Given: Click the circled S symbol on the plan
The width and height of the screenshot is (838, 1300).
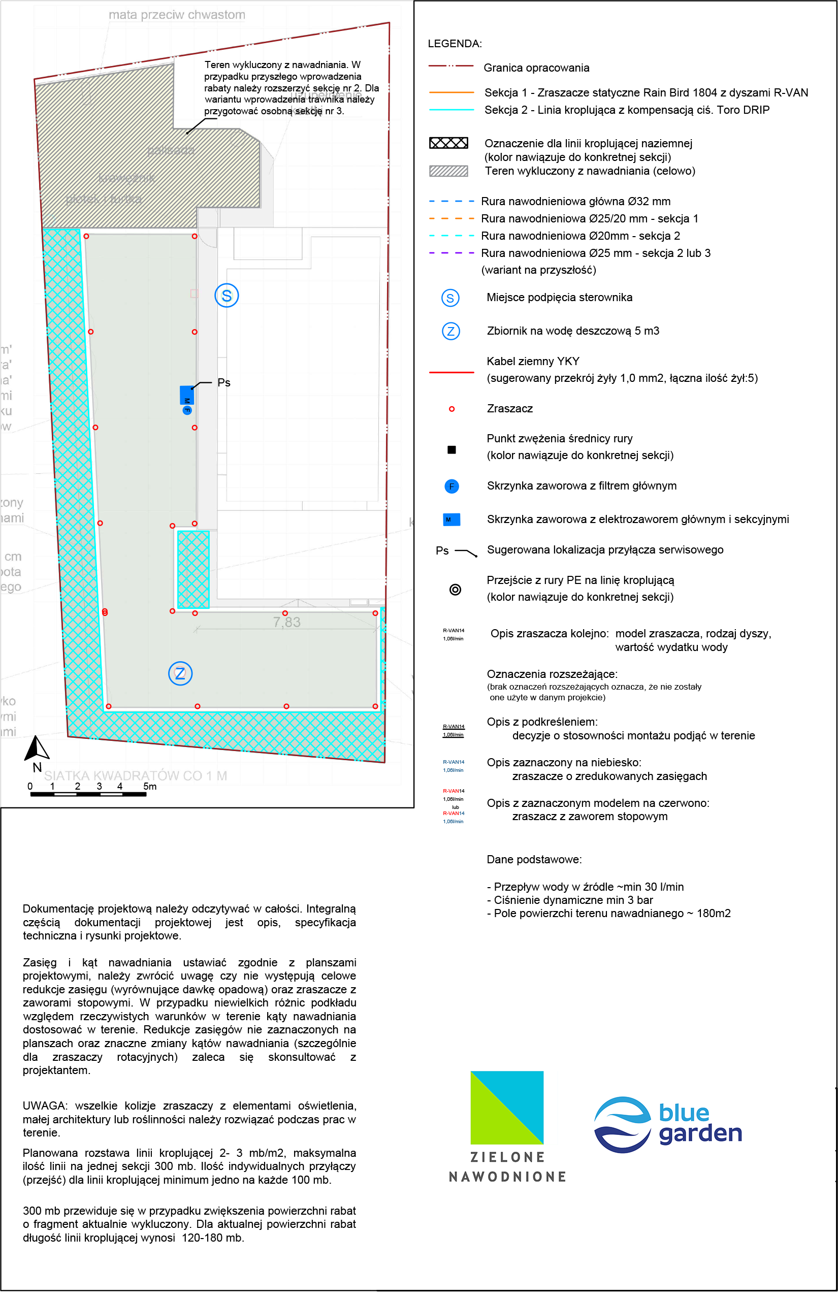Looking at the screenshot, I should [227, 296].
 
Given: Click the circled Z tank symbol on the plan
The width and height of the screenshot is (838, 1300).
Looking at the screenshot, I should [180, 673].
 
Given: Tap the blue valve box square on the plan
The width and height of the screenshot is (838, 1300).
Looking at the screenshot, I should [187, 396].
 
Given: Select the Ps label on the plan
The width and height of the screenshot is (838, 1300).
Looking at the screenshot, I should [223, 383].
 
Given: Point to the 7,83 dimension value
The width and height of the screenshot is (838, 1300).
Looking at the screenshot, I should [287, 622].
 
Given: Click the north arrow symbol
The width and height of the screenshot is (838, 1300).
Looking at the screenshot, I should [37, 749].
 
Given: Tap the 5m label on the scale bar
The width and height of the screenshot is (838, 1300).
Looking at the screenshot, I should [150, 787].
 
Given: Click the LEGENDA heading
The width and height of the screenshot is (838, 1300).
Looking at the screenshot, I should [455, 44].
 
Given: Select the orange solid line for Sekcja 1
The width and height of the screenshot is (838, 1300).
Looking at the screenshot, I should [451, 93].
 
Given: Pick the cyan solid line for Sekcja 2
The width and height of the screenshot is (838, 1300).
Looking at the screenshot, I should [451, 110].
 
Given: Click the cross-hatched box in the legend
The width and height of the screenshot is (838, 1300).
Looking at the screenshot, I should [448, 143].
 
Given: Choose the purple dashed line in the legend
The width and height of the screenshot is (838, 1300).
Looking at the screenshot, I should [451, 253].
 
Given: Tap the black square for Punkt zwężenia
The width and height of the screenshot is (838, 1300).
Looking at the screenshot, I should [452, 450].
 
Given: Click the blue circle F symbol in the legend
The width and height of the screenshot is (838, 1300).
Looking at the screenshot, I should [452, 486].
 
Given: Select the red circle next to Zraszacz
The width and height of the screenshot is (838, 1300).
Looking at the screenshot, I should [452, 409].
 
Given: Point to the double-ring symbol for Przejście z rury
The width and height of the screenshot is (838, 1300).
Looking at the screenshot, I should [456, 590].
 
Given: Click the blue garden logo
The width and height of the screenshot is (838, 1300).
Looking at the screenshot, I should [668, 1124].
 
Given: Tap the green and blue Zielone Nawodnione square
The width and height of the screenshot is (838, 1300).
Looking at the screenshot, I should [507, 1108].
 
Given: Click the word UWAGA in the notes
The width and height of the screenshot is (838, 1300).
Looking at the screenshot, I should [45, 1106].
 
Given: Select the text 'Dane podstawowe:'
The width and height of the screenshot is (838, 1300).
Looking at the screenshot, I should [534, 859].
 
